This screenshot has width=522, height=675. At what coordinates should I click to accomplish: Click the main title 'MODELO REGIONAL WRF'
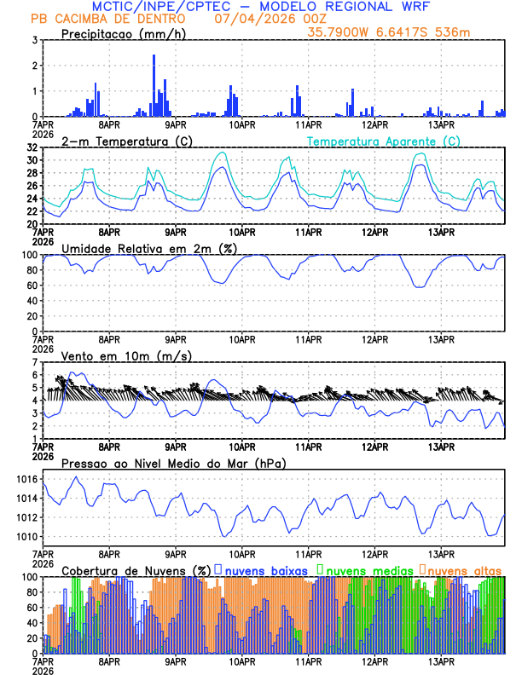361,7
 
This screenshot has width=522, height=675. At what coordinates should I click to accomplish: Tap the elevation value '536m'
450,32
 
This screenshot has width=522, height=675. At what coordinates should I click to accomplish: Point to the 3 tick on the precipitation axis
34,40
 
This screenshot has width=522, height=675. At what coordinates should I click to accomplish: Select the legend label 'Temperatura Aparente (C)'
383,141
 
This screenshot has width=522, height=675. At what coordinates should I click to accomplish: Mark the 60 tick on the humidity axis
32,286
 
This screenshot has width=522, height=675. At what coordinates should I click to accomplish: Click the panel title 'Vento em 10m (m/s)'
119,355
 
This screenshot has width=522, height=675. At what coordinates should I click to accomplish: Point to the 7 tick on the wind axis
34,362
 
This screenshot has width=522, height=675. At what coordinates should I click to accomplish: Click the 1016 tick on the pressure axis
26,480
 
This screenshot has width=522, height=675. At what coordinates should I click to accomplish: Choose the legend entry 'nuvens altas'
465,569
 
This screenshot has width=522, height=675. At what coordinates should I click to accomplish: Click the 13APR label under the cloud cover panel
440,660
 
